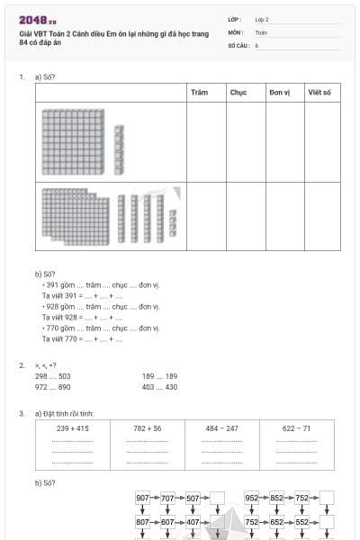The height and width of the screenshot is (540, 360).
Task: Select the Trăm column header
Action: (x=200, y=93)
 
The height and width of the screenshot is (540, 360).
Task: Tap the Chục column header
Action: (x=238, y=93)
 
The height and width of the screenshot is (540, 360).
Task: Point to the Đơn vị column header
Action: (x=279, y=93)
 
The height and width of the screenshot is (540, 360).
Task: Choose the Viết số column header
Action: (x=319, y=93)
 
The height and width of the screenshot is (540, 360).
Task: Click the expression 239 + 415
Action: (x=73, y=428)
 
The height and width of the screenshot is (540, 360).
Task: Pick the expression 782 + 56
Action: (x=147, y=428)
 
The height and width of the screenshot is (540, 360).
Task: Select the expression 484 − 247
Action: (x=221, y=428)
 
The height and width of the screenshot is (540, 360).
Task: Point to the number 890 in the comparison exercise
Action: (x=64, y=387)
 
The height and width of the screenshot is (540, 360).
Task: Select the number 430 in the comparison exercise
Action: (x=171, y=387)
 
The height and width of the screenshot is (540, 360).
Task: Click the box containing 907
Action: (x=142, y=498)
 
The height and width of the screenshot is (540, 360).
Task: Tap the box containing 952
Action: (x=251, y=498)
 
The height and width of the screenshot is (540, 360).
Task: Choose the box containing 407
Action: (x=193, y=522)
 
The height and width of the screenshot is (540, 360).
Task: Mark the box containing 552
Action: (x=301, y=522)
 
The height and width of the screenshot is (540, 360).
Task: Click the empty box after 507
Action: (x=217, y=498)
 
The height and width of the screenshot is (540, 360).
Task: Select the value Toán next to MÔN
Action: (x=261, y=31)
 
